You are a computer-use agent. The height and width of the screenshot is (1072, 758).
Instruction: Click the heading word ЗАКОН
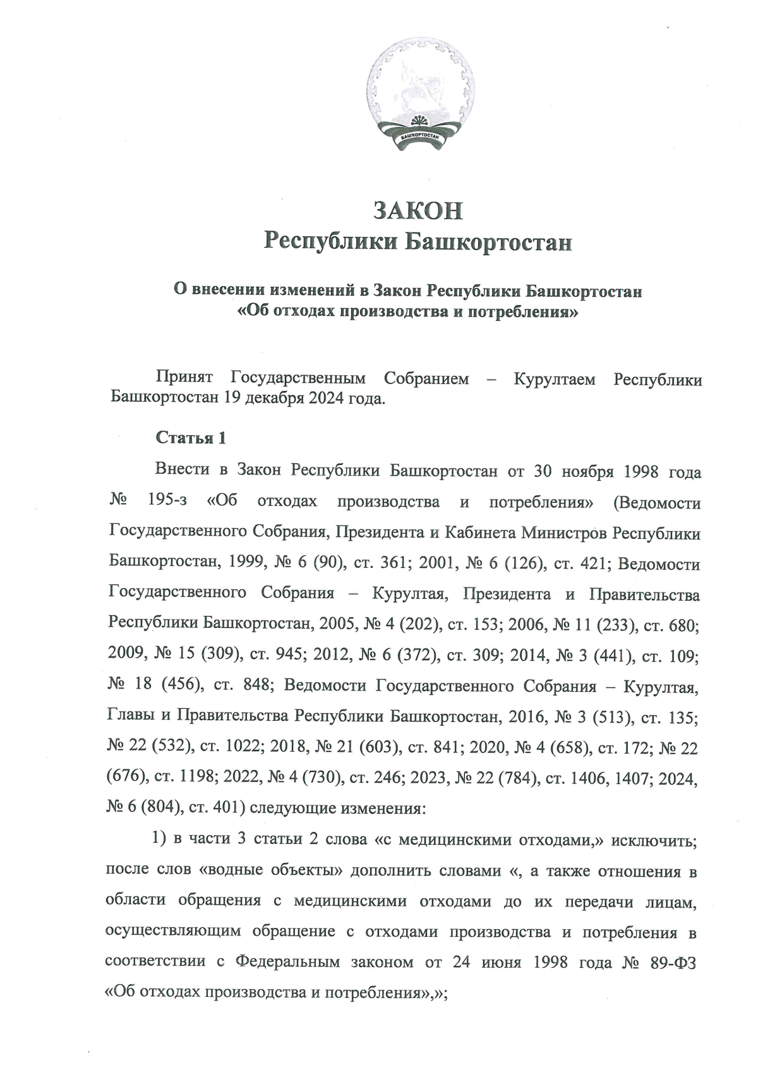(x=418, y=211)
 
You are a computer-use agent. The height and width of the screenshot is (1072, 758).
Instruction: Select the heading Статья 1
(x=190, y=438)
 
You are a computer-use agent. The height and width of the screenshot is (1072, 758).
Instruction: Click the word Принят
(x=184, y=379)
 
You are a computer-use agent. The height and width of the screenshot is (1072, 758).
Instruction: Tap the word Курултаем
(x=554, y=379)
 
